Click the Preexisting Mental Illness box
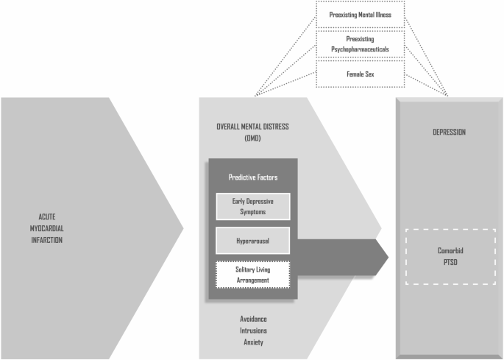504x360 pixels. (360, 13)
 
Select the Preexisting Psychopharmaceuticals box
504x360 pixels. (360, 43)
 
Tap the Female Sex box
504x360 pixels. (360, 74)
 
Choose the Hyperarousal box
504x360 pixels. (253, 240)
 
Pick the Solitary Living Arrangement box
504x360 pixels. (253, 274)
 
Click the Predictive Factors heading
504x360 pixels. (253, 178)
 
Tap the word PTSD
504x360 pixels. (450, 263)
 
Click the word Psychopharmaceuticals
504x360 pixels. (360, 49)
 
